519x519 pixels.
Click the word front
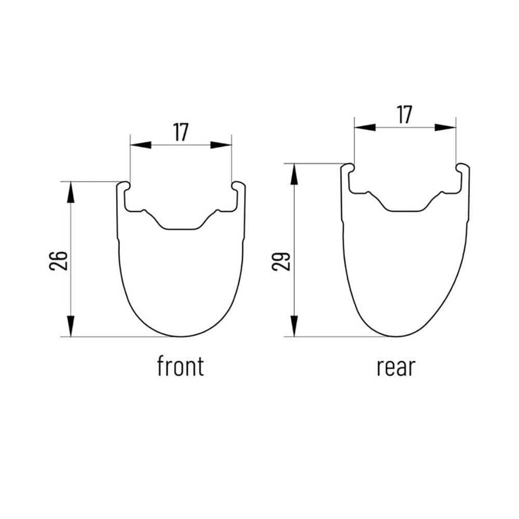(x=181, y=366)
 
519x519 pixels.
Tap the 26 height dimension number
(x=59, y=261)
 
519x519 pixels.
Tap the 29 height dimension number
(x=281, y=262)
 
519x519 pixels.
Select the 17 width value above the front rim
(x=181, y=132)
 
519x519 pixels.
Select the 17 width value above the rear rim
(x=404, y=115)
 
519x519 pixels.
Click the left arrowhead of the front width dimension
(x=141, y=145)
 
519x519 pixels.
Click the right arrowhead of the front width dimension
(x=221, y=145)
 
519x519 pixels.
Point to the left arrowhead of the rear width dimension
(x=365, y=128)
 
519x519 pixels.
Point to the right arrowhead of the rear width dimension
(x=445, y=128)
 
